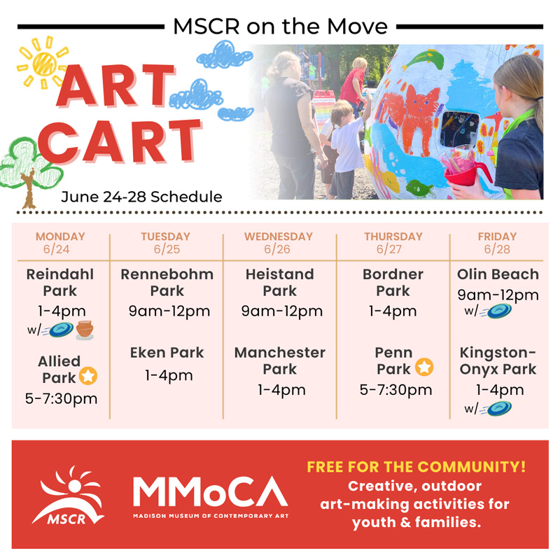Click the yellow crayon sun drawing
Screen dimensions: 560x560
point(43,63)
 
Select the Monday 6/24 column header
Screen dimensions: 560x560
point(60,242)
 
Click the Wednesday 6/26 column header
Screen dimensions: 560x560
point(278,242)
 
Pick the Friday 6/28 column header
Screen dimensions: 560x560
point(497,242)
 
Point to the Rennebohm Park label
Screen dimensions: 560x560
point(167,283)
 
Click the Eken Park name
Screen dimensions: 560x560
point(167,353)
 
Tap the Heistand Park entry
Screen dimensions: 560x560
point(279,283)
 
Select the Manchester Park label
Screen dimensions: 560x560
point(279,360)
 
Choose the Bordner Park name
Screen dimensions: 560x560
point(393,283)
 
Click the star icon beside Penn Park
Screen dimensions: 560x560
point(424,367)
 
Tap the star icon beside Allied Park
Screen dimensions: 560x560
point(88,376)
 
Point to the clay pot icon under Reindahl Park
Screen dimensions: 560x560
point(85,330)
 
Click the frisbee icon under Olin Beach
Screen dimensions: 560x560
point(498,311)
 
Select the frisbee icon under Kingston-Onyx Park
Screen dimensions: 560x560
point(498,408)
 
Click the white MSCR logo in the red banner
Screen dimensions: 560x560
point(68,496)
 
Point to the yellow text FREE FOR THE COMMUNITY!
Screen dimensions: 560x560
point(416,467)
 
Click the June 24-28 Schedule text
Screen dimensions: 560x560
point(141,197)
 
